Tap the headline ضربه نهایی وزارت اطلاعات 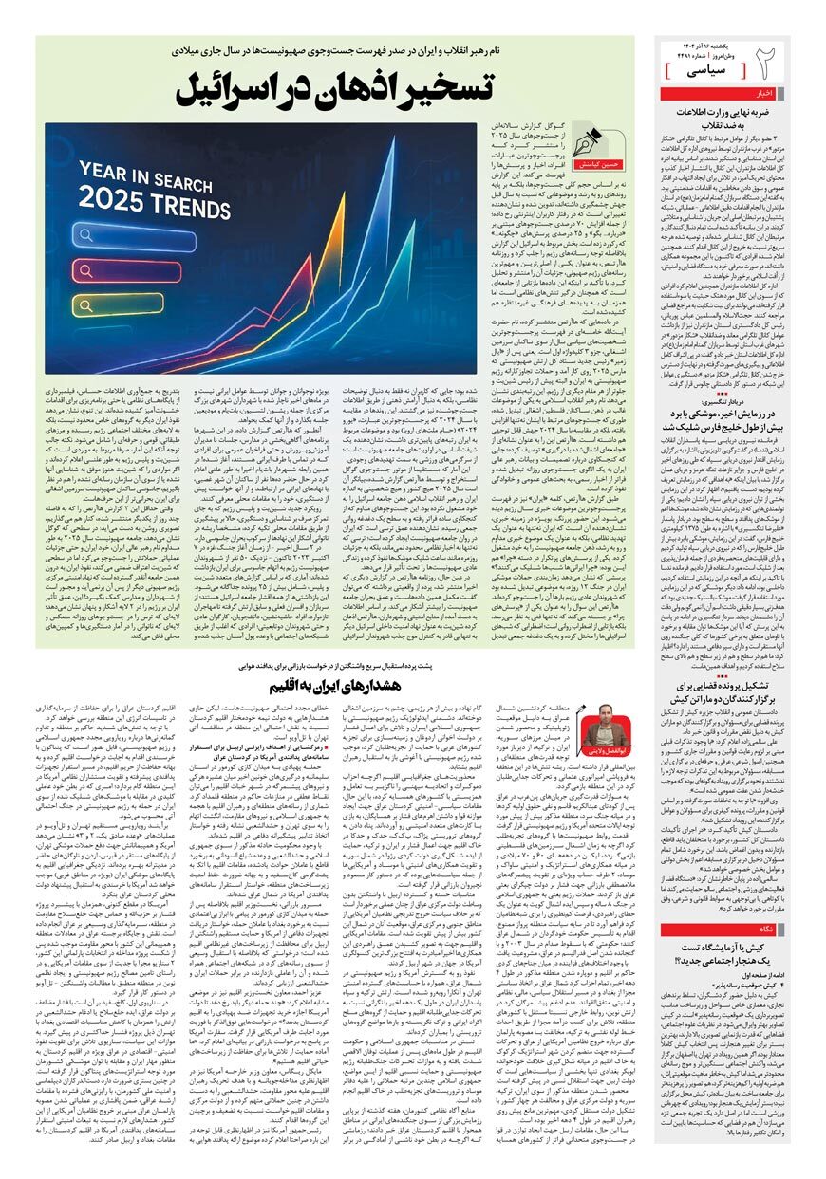click(x=723, y=112)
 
